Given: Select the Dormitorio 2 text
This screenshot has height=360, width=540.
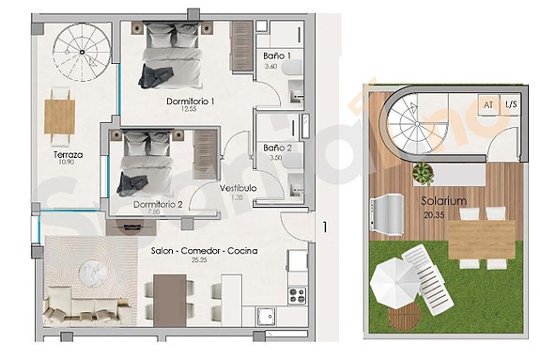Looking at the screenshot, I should pyautogui.click(x=158, y=204).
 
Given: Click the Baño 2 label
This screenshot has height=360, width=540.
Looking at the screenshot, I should pyautogui.click(x=277, y=149).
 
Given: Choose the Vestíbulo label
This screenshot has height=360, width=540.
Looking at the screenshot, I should pyautogui.click(x=239, y=189).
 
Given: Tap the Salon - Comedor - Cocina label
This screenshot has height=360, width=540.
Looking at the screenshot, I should pyautogui.click(x=205, y=251).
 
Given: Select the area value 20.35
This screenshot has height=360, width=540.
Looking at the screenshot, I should pyautogui.click(x=434, y=212).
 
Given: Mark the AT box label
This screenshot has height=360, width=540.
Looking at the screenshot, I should pyautogui.click(x=487, y=105).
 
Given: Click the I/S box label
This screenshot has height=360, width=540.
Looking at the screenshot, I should pyautogui.click(x=510, y=105).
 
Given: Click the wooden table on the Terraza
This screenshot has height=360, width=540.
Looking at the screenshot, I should pyautogui.click(x=60, y=116).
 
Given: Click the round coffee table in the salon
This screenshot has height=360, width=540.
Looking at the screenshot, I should pyautogui.click(x=97, y=274).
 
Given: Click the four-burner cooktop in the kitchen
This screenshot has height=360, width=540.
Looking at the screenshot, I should pyautogui.click(x=297, y=292).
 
